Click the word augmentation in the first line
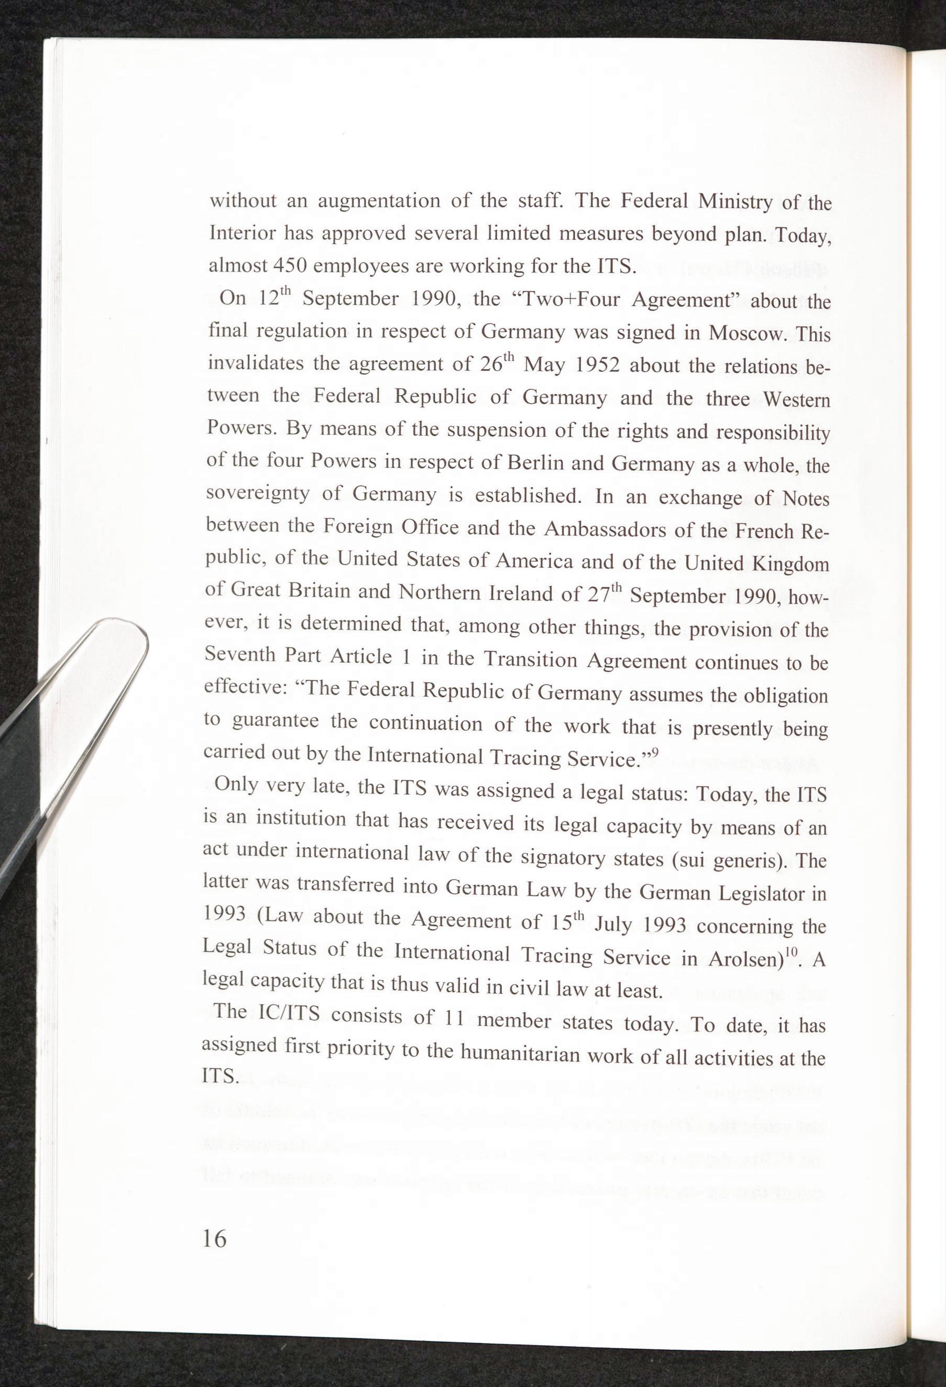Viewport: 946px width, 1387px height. coord(378,201)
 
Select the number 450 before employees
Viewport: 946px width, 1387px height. coord(289,265)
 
